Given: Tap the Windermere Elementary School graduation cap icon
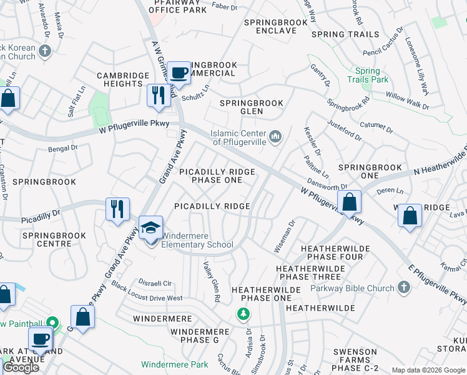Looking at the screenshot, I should (150, 227).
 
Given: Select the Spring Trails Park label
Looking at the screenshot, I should (372, 75).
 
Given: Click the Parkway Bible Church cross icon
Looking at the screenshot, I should (403, 287).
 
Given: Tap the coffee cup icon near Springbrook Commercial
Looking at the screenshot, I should (179, 73).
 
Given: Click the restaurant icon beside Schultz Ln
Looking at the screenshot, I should (156, 96).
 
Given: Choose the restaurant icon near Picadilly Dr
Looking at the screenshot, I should (117, 209).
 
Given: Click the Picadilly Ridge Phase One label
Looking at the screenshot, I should (217, 176).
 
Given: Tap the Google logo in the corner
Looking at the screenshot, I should (21, 367).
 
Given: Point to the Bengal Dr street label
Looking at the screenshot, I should (62, 149).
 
